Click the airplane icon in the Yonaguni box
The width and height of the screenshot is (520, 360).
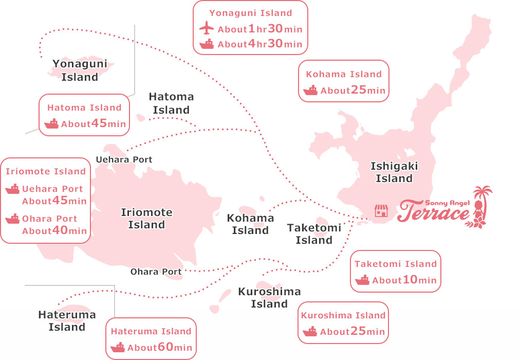(x=206, y=28)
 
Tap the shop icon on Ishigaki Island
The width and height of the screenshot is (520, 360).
(x=381, y=210)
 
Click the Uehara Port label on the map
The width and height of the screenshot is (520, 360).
(x=124, y=159)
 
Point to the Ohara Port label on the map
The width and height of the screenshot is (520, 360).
(x=156, y=272)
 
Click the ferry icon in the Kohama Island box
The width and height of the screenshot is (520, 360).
(x=311, y=91)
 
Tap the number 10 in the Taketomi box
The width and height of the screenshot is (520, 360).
(x=410, y=280)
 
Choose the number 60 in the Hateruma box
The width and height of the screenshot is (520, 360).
(x=165, y=347)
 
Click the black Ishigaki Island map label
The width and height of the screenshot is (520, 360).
(x=394, y=172)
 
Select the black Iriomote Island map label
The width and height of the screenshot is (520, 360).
(x=146, y=219)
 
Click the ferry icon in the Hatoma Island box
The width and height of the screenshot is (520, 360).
(x=52, y=123)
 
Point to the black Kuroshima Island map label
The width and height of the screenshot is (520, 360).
(x=269, y=298)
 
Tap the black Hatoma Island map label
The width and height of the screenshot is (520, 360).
(x=171, y=103)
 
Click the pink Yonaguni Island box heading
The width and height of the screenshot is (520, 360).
(x=251, y=13)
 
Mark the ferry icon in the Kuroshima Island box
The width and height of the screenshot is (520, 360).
(x=310, y=332)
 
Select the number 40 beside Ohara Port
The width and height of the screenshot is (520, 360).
(x=60, y=230)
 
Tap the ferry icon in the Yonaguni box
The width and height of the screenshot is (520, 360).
(x=207, y=44)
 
